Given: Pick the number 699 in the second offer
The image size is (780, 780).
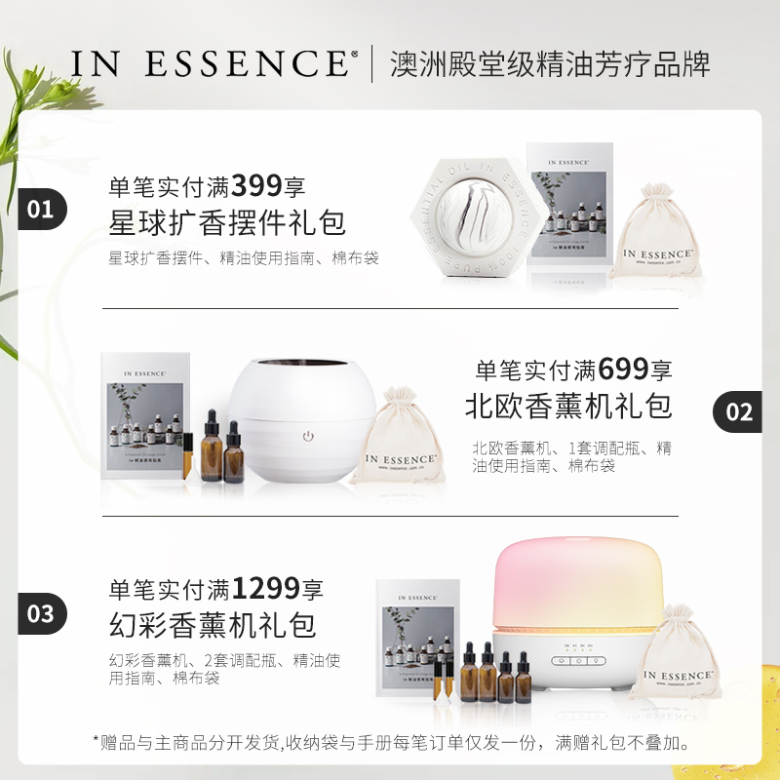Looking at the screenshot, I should point(624,370).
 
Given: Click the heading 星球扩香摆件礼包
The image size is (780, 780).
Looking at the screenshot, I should point(227,222).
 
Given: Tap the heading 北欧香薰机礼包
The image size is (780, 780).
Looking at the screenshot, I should point(568,406).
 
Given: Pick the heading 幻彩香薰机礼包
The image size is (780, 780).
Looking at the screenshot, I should point(213,624).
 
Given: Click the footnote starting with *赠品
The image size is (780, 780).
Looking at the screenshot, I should point(390,743).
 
